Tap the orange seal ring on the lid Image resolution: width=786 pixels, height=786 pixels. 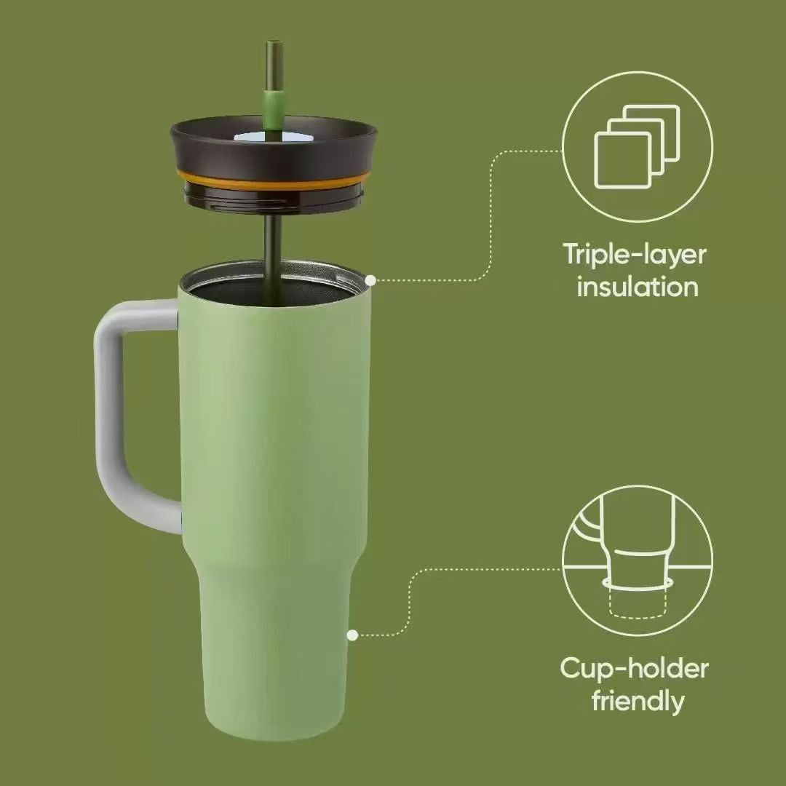pyautogui.click(x=273, y=180)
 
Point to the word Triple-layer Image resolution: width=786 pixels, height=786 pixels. pyautogui.click(x=635, y=255)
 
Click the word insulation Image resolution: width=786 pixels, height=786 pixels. pyautogui.click(x=637, y=287)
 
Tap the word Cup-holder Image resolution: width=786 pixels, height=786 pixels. pyautogui.click(x=634, y=670)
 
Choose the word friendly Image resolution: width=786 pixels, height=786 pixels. pyautogui.click(x=638, y=700)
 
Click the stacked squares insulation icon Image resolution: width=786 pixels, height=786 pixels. pyautogui.click(x=637, y=146)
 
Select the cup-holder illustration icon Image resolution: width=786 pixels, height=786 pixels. pyautogui.click(x=637, y=560)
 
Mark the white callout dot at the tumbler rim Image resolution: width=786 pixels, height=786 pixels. pyautogui.click(x=370, y=281)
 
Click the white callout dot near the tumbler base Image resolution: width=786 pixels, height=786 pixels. pyautogui.click(x=352, y=635)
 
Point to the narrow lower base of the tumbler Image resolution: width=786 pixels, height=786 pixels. pyautogui.click(x=274, y=656)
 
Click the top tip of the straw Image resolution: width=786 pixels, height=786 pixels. pyautogui.click(x=274, y=42)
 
